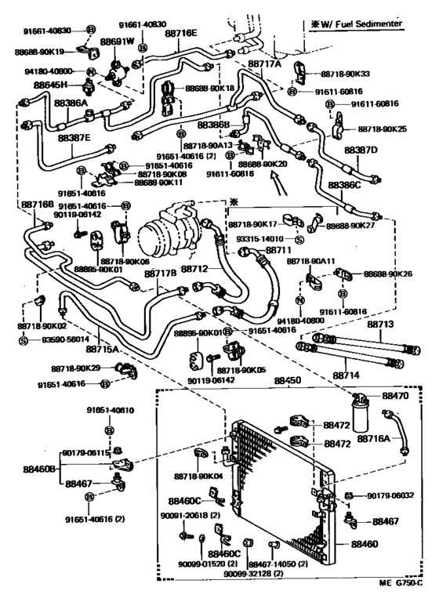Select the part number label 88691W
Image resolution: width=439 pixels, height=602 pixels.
tap(118, 42)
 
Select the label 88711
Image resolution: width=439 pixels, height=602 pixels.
tap(278, 250)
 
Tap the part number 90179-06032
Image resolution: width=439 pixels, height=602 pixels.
tap(396, 495)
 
